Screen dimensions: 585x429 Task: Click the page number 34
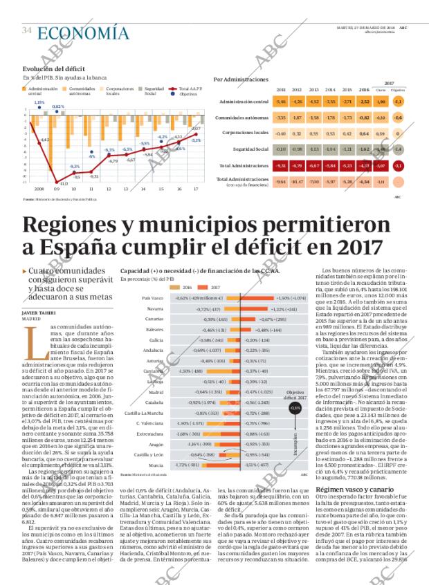[27, 31]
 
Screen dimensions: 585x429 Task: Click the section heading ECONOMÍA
[83, 32]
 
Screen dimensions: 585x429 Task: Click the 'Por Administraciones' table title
[241, 80]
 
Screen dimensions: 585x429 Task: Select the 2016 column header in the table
[364, 90]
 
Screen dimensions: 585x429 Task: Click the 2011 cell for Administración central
[281, 102]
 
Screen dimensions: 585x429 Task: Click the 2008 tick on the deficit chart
[39, 187]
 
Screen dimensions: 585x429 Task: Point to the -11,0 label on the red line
[63, 183]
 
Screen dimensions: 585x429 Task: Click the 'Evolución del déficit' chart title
[53, 68]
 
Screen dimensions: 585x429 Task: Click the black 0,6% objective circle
[295, 408]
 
